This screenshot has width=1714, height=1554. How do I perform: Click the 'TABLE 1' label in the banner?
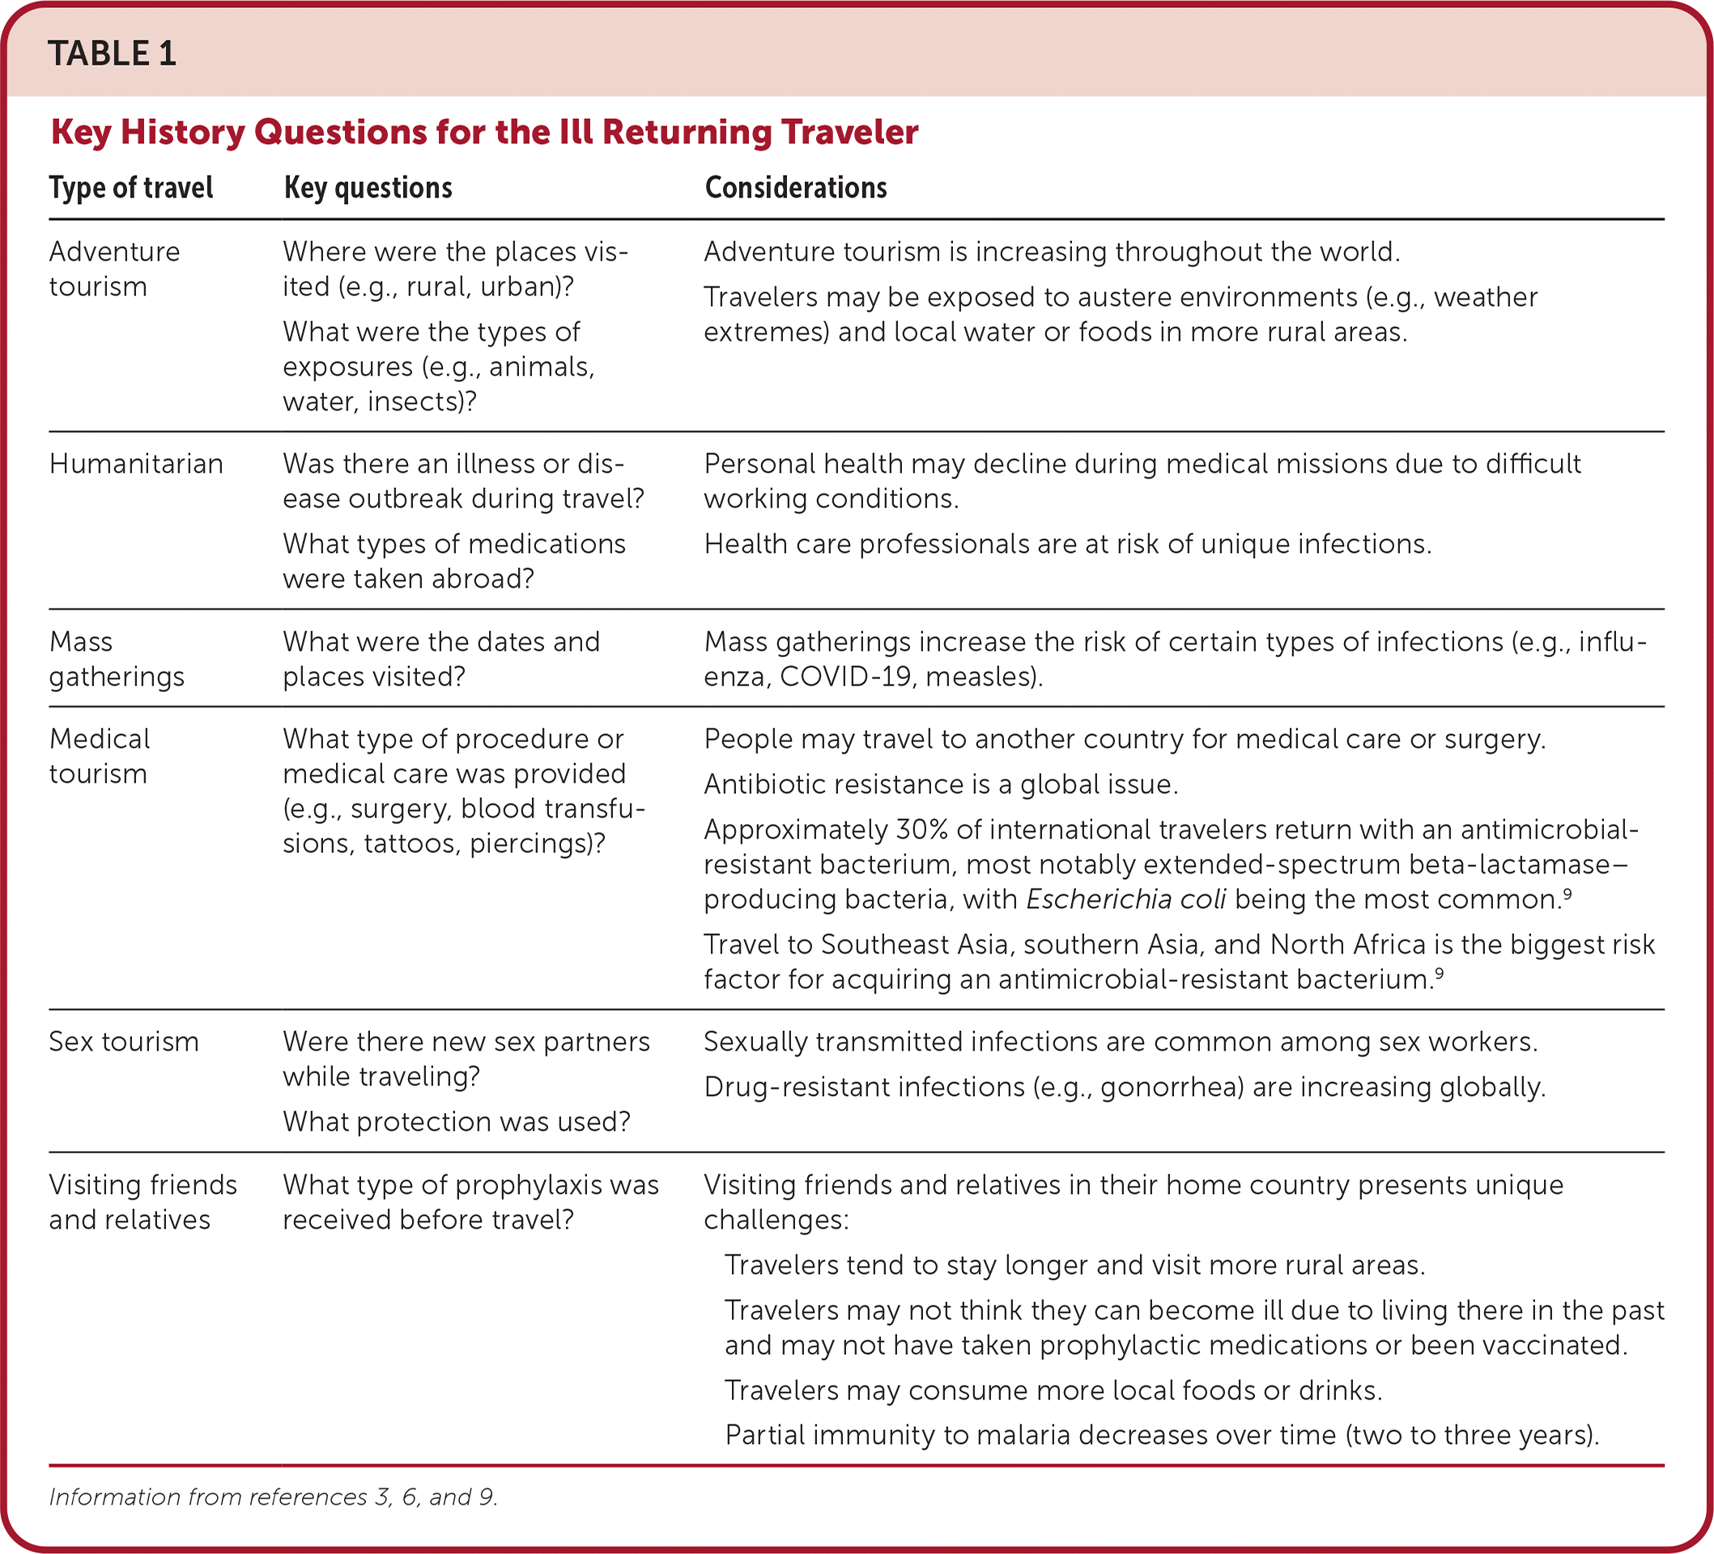[112, 53]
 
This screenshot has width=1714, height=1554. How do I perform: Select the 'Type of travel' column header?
[131, 188]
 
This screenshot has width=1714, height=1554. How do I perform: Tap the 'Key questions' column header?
[368, 188]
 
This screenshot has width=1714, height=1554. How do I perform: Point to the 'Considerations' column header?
[795, 188]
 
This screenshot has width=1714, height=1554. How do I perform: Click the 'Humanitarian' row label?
[136, 464]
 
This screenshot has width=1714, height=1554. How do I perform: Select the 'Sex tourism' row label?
[123, 1042]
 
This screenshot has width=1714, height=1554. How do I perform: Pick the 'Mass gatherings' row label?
[117, 659]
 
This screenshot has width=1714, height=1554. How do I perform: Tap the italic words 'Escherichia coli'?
[1125, 899]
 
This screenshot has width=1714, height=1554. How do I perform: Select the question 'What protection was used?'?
[457, 1122]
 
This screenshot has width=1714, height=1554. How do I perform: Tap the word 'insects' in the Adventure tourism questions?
[412, 401]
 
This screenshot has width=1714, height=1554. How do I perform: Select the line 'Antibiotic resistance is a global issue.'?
[940, 784]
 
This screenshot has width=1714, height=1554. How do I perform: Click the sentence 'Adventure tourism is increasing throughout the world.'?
[1052, 253]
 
